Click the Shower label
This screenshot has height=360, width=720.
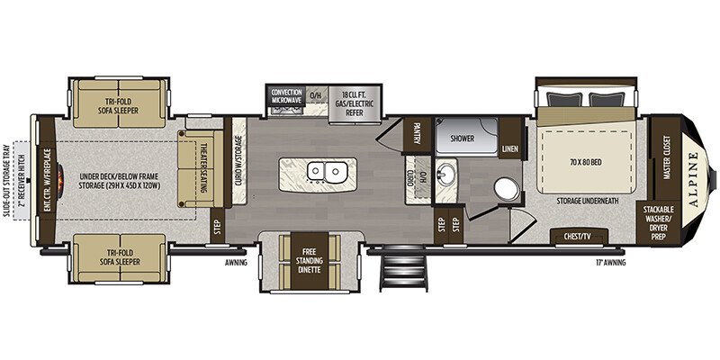coord(461,139)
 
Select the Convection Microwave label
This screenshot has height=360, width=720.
coord(285,95)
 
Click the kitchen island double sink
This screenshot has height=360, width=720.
coord(319,171)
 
